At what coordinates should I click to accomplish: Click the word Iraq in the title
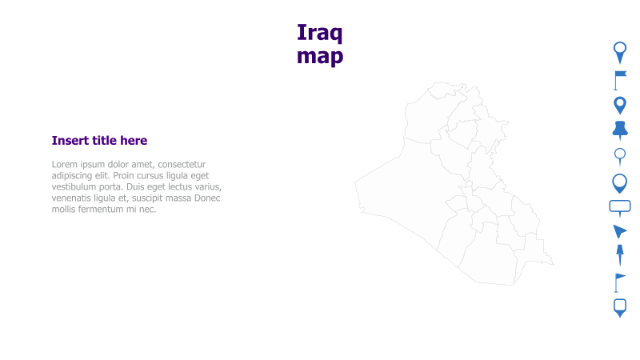pos(319,33)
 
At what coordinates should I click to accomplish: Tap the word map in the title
pos(319,56)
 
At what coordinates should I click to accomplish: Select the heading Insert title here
pos(99,141)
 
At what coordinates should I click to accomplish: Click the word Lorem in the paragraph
pos(65,165)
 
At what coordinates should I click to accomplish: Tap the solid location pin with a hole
pos(619,105)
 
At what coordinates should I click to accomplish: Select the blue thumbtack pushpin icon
pos(619,130)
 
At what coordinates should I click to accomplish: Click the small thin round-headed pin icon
pos(619,155)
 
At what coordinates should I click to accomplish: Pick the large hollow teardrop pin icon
pos(619,183)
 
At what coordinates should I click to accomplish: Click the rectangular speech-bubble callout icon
pos(620,207)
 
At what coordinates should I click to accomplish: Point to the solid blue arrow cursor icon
pos(619,231)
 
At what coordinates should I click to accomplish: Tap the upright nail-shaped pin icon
pos(619,255)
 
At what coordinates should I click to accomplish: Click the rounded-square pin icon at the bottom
pos(619,307)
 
